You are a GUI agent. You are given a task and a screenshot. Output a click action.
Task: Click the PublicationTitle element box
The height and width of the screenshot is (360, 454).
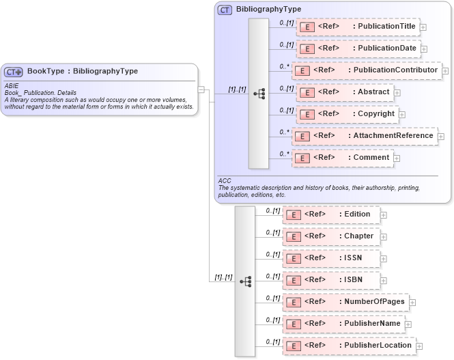point(358,27)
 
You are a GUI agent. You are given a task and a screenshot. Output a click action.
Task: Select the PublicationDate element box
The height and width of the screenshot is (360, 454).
point(358,49)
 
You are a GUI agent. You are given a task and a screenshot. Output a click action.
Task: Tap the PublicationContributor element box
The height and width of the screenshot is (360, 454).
point(366,70)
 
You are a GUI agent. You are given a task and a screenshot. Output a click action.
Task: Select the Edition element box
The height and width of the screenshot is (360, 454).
point(330,214)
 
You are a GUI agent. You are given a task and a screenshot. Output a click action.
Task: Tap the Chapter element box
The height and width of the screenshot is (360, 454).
point(332,236)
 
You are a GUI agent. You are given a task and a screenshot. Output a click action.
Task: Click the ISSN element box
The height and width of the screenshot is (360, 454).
point(330,258)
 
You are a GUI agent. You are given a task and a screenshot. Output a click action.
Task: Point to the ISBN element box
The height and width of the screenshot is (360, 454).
point(330,280)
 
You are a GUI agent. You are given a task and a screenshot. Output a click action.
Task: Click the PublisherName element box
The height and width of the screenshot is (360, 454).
point(343,323)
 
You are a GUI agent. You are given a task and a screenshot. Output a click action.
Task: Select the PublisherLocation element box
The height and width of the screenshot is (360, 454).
point(348,346)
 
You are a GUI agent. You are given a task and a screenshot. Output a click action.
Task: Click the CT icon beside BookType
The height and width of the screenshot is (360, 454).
point(14,71)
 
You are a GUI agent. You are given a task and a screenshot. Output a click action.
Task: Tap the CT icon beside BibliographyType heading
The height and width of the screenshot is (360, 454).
point(225,10)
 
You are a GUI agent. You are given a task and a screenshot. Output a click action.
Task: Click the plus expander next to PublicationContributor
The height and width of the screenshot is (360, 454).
point(445,70)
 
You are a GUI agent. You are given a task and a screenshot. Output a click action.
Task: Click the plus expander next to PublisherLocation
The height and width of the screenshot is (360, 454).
point(419,346)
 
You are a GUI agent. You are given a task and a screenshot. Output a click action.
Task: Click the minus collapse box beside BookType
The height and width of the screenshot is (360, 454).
point(201,89)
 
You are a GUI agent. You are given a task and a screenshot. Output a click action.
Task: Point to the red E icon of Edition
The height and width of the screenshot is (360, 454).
point(292,215)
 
